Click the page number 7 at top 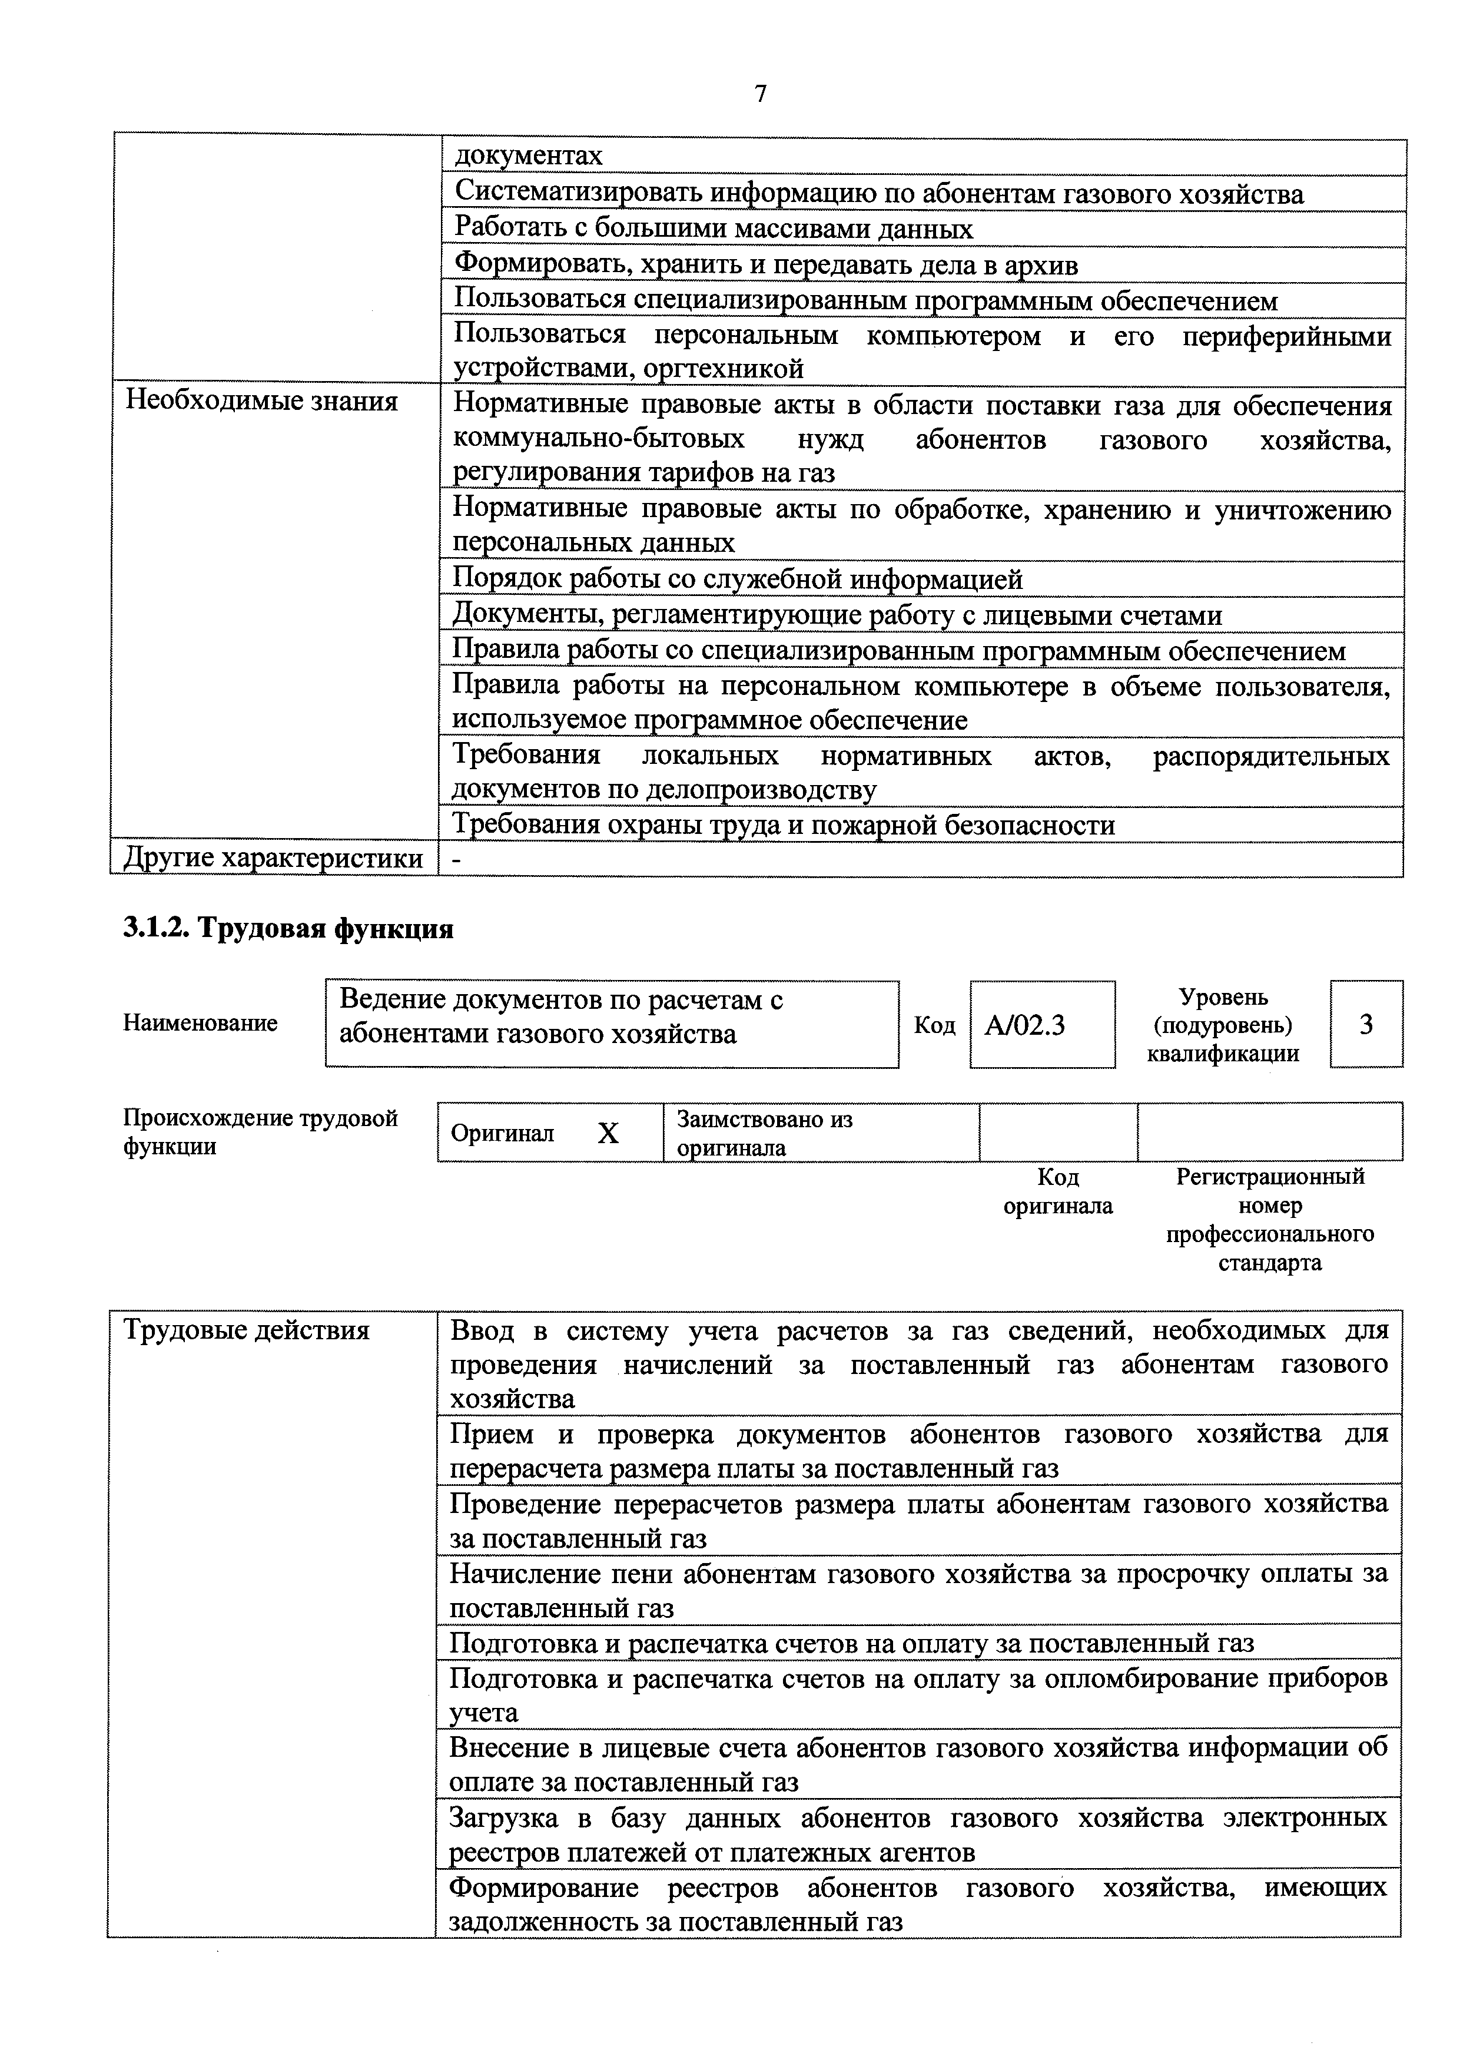pos(761,94)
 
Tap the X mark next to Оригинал pos(608,1134)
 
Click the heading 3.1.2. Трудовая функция pos(288,929)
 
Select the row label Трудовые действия pos(247,1331)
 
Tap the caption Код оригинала pos(1058,1191)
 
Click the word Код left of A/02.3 pos(935,1026)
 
